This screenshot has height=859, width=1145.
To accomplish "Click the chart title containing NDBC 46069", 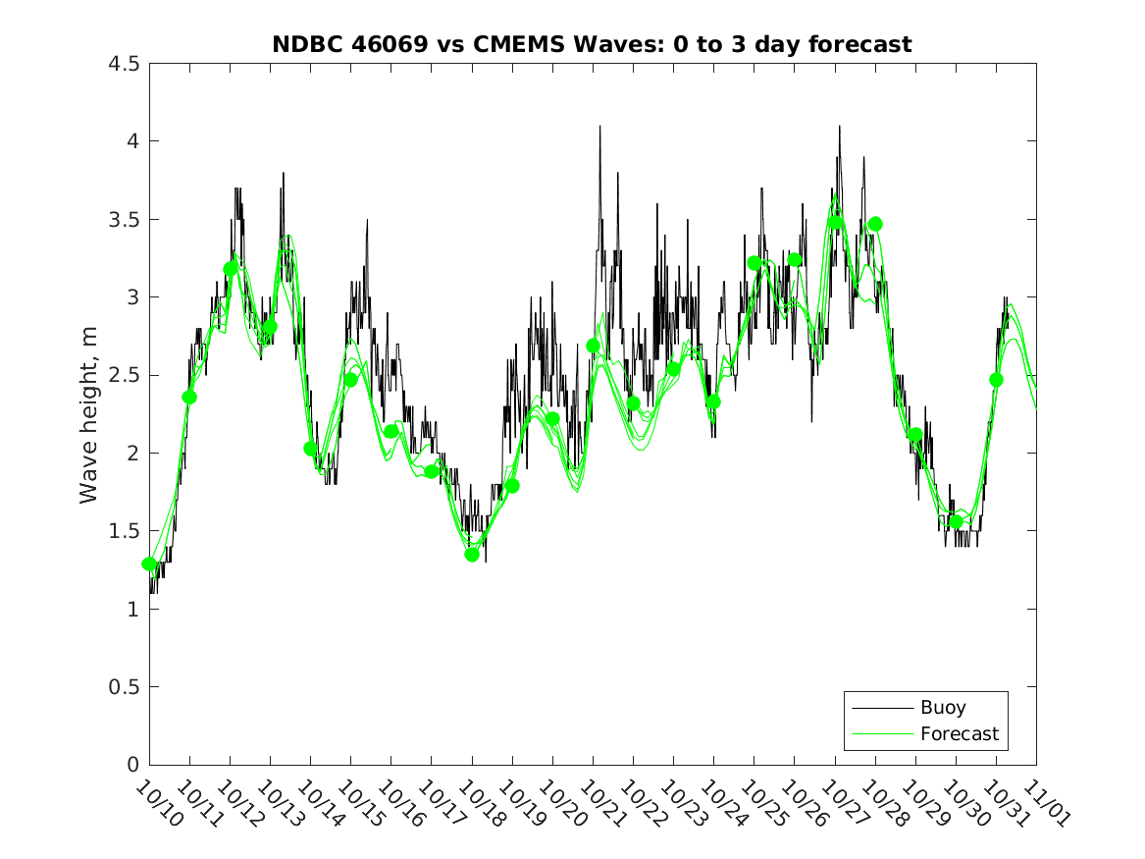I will click(x=592, y=44).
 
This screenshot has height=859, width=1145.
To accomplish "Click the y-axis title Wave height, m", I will click(x=89, y=414).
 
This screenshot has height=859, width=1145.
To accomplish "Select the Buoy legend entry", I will click(x=942, y=708).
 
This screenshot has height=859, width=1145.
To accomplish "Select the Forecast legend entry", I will click(x=959, y=733).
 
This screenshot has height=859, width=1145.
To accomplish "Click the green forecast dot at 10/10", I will click(x=149, y=564).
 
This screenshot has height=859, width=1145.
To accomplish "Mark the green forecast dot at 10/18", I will click(x=472, y=555).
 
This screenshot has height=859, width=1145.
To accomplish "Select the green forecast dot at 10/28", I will click(x=875, y=224).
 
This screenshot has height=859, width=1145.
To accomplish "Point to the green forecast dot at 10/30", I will click(x=956, y=521).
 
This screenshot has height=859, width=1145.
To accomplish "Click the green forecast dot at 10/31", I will click(x=996, y=380).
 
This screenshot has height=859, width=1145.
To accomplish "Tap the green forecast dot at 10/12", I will click(x=231, y=268).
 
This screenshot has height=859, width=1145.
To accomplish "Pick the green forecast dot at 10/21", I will click(x=593, y=346).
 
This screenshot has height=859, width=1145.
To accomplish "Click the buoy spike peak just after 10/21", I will click(x=599, y=127).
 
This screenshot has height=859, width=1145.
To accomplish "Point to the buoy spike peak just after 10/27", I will click(x=839, y=127).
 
